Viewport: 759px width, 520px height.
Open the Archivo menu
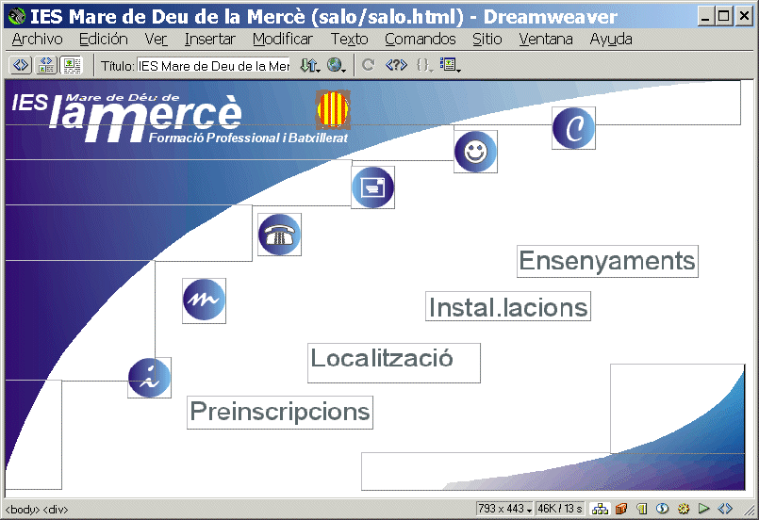[x=38, y=40]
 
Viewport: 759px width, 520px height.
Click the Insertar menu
[x=209, y=40]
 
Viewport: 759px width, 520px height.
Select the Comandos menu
[x=421, y=40]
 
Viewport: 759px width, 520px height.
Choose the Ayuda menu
[x=611, y=40]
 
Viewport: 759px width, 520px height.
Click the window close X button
[x=744, y=16]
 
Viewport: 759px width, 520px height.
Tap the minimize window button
[x=706, y=16]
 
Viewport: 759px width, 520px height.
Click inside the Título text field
[x=213, y=65]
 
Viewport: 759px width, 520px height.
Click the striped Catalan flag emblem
[x=333, y=109]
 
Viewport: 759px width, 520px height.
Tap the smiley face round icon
[x=475, y=152]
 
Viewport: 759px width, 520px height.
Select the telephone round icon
[x=279, y=235]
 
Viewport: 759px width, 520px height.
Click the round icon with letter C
[x=573, y=128]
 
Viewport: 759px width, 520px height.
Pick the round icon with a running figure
[x=149, y=378]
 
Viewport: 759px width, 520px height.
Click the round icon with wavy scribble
[x=204, y=300]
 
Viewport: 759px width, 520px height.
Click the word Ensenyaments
[x=607, y=261]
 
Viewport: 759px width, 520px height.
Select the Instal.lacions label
[x=508, y=307]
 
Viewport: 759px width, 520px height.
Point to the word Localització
[x=382, y=358]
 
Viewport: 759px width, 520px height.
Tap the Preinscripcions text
[x=280, y=412]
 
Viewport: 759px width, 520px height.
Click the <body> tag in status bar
[x=23, y=510]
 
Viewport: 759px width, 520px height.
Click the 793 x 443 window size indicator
[x=503, y=509]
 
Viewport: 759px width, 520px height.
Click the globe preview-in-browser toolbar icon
[x=335, y=64]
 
